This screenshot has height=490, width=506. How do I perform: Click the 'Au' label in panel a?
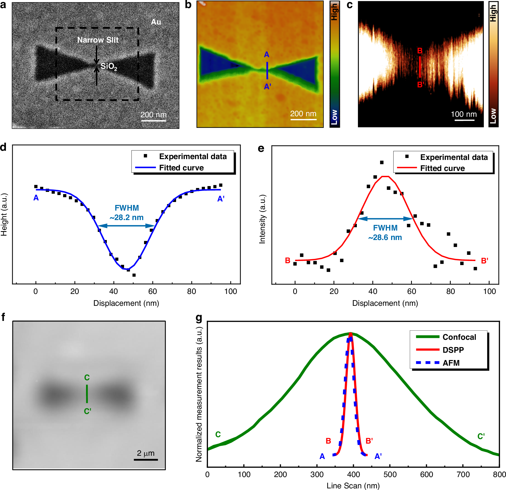[156, 22]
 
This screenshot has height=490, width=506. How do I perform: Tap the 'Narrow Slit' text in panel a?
[98, 40]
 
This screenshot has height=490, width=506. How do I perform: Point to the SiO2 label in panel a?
[109, 66]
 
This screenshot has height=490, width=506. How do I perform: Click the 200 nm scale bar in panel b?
[303, 119]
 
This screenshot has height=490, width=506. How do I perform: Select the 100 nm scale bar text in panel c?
[464, 114]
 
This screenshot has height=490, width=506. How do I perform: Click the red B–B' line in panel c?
[420, 67]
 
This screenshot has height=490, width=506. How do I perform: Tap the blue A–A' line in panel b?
[267, 70]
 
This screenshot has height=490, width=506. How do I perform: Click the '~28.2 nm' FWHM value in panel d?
[127, 217]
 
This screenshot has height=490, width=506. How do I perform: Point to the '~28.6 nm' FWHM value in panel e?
[385, 237]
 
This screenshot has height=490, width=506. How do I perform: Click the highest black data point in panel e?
[382, 162]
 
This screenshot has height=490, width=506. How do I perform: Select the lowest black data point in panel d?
[134, 275]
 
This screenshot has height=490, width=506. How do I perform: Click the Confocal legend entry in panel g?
[459, 337]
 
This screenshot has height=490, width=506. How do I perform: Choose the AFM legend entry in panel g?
[451, 363]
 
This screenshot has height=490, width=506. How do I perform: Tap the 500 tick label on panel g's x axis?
[390, 475]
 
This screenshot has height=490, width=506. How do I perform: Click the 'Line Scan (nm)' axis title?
[353, 486]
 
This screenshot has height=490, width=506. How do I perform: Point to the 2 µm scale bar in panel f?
[146, 460]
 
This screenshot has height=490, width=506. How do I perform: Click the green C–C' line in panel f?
[87, 394]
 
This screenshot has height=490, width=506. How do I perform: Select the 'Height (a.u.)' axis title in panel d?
[4, 214]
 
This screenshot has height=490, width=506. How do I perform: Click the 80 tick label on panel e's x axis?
[450, 292]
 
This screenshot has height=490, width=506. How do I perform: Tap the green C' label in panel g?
[481, 436]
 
